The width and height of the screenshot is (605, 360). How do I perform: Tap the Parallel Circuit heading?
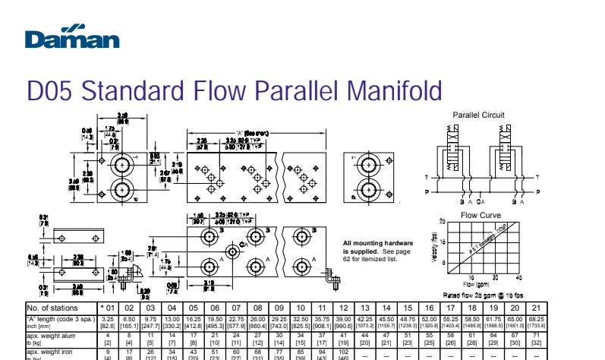click(478, 115)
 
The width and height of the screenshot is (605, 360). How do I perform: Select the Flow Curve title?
click(481, 215)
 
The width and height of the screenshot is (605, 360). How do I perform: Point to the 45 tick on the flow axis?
click(520, 277)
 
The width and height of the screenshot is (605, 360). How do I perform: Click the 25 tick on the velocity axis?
click(443, 221)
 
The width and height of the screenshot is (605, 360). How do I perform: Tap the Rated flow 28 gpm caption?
click(483, 295)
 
